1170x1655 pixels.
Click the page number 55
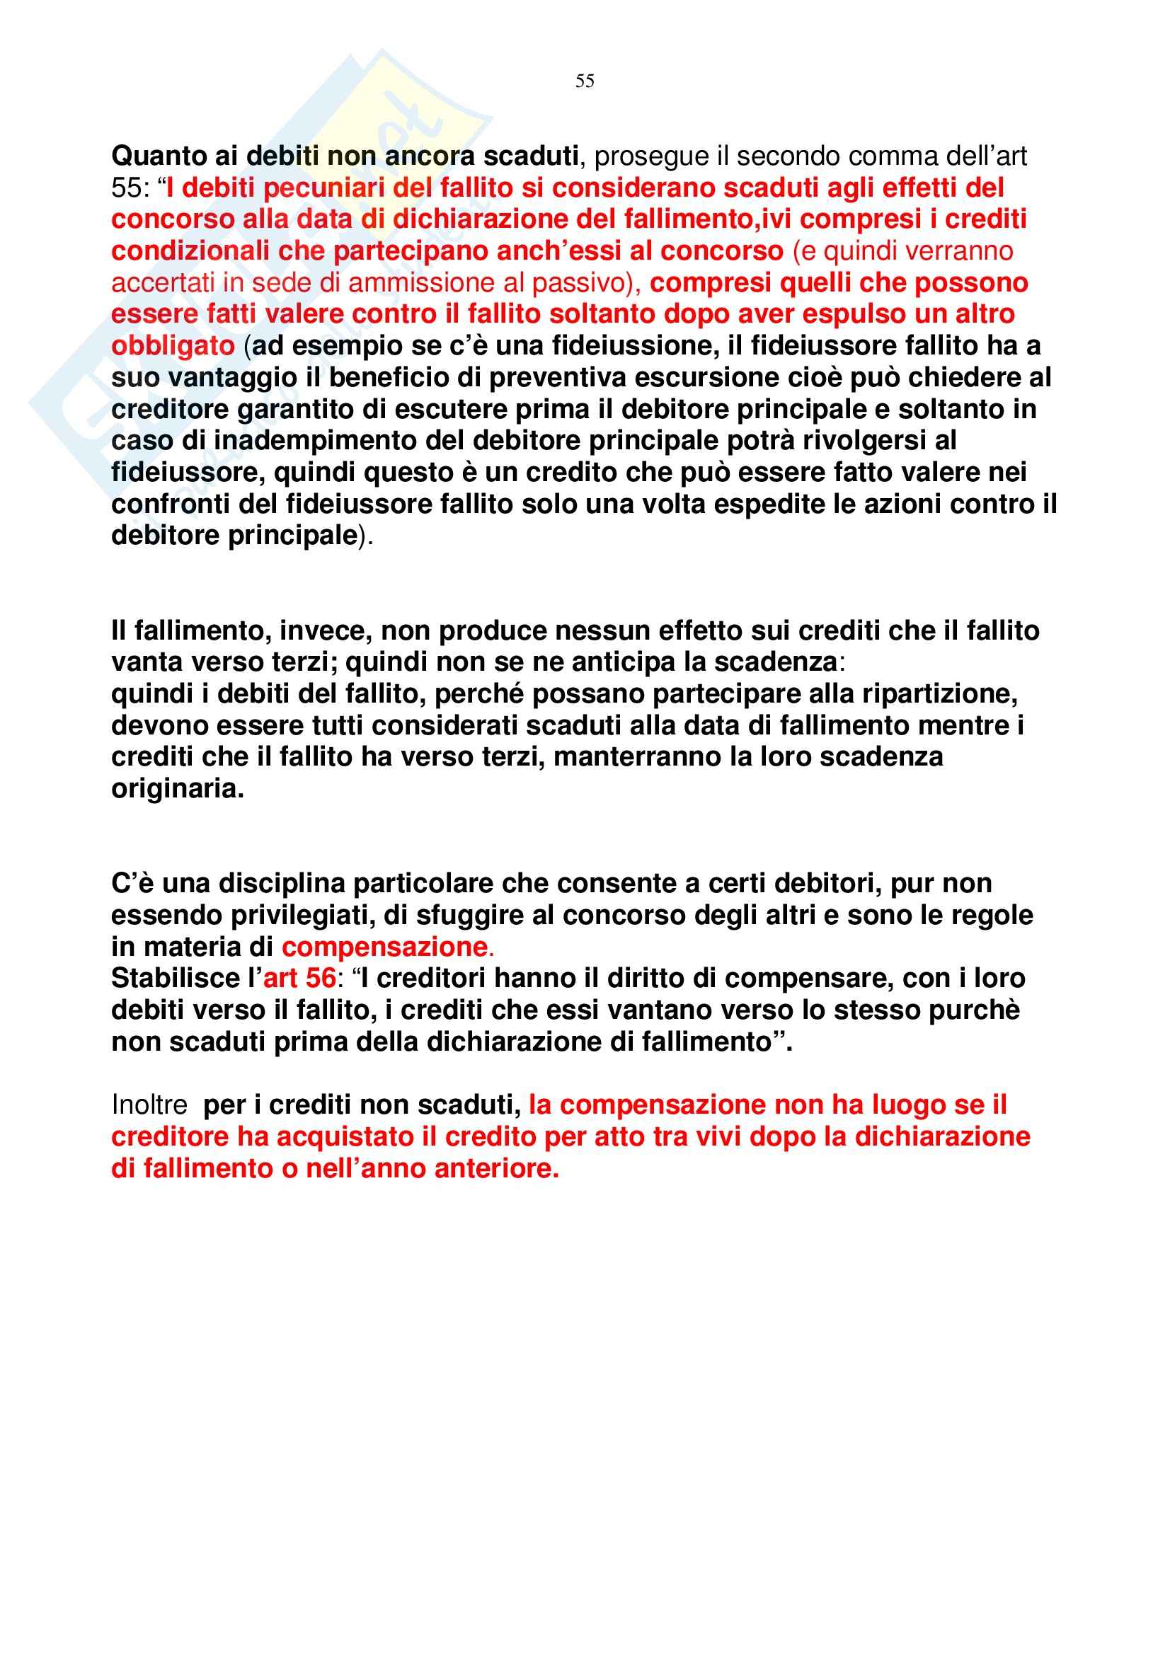pyautogui.click(x=585, y=81)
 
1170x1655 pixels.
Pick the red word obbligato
pyautogui.click(x=173, y=346)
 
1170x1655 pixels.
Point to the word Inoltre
pyautogui.click(x=149, y=1105)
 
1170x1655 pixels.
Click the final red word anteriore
pyautogui.click(x=496, y=1168)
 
